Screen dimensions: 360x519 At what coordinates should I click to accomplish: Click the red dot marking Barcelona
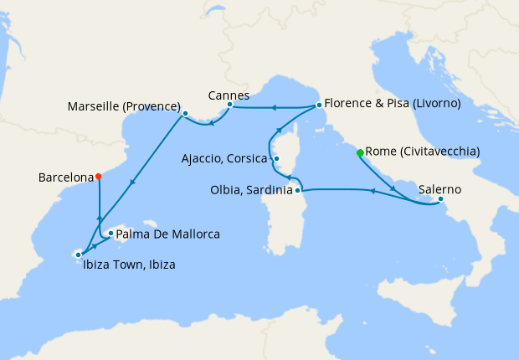coord(99,176)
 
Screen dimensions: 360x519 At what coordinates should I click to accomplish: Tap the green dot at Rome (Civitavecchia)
coord(360,153)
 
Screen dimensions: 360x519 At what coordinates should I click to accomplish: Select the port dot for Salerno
coord(441,199)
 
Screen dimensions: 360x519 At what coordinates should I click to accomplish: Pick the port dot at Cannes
coord(229,105)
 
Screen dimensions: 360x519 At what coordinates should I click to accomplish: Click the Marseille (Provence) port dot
coord(184,113)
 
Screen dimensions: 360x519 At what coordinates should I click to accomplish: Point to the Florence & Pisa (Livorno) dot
coord(319,105)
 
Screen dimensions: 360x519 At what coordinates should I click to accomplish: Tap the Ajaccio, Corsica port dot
coord(275,158)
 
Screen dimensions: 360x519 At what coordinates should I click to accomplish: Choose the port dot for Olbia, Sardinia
coord(297,191)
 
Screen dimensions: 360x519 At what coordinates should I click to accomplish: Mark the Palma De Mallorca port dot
coord(110,234)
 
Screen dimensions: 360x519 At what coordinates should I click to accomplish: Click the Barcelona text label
coord(65,177)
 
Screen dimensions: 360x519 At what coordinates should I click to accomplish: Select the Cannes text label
coord(229,95)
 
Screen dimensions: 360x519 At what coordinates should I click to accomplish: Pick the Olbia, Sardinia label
coord(250,190)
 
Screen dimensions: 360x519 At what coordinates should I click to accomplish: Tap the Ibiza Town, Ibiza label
coord(130,265)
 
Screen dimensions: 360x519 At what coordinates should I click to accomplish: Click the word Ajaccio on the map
coord(202,158)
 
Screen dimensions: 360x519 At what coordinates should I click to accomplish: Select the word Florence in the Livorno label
coord(347,105)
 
